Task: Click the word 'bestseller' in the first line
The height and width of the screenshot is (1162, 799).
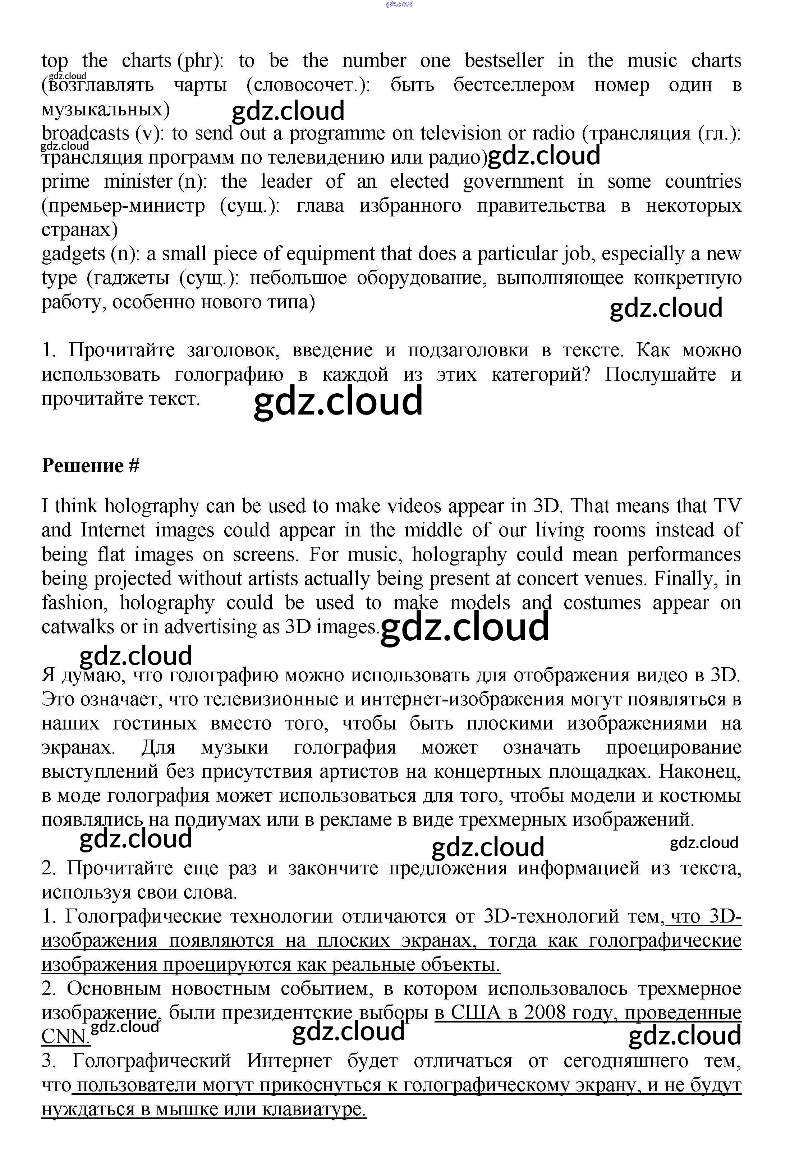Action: [x=504, y=61]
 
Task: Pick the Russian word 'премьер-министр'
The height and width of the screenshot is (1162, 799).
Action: [x=123, y=206]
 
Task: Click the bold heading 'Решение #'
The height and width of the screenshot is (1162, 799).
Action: [x=91, y=466]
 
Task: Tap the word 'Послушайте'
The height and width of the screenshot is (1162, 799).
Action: [x=660, y=375]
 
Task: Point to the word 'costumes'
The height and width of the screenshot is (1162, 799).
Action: [x=602, y=603]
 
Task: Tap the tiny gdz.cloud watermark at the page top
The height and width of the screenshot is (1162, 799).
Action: [x=399, y=4]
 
